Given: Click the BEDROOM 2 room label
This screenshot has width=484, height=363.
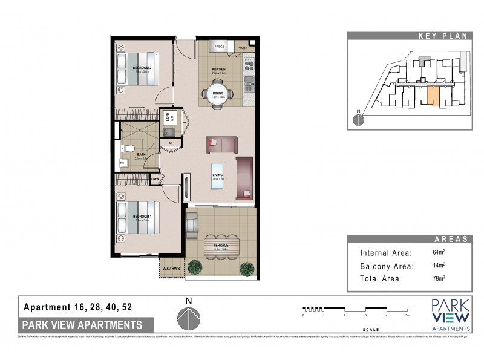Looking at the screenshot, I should click(141, 68).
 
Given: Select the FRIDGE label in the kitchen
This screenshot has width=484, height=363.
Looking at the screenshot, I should click(219, 46).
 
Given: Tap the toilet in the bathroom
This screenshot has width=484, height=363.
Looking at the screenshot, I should click(129, 149).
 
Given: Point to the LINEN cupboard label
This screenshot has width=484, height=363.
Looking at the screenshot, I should click(155, 179).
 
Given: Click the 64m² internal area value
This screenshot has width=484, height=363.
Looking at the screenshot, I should click(437, 252).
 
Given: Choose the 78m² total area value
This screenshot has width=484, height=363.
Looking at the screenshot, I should click(437, 279).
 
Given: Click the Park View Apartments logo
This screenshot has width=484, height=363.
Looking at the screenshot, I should click(451, 315).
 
